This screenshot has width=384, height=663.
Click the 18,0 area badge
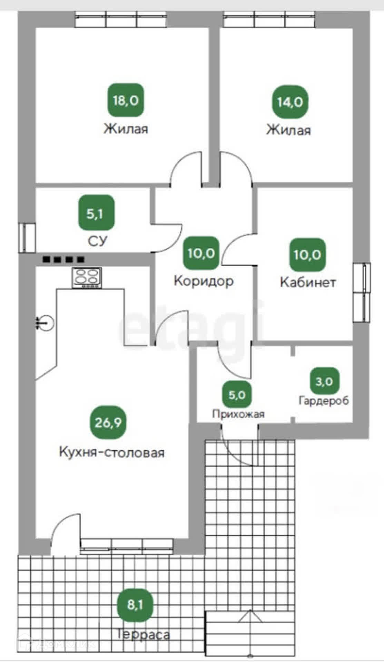(x=126, y=100)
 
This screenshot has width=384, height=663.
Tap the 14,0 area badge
(x=290, y=102)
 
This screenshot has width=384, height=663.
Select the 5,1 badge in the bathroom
(x=96, y=213)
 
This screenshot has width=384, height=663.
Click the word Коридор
(x=204, y=281)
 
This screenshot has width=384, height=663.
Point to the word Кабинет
(x=307, y=282)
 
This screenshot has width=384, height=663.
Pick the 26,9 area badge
(x=108, y=422)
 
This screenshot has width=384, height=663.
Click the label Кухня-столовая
(x=112, y=452)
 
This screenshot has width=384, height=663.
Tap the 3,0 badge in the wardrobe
(x=324, y=381)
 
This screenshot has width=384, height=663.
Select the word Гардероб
(x=324, y=401)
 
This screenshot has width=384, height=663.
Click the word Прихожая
(x=238, y=414)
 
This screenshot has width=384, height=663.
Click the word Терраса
(x=144, y=634)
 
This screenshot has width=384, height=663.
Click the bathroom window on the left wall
(x=27, y=238)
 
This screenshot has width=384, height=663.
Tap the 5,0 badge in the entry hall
(x=237, y=394)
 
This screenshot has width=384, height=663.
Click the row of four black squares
(x=63, y=259)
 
